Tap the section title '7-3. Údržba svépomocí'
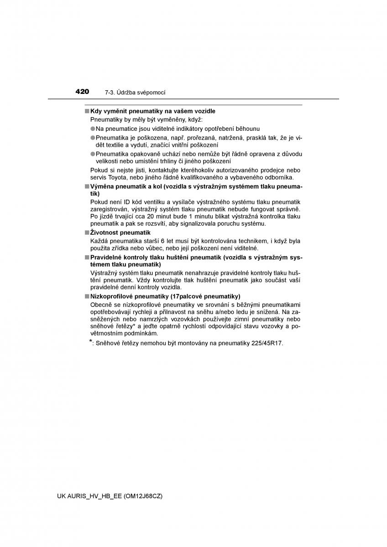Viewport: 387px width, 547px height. (135, 92)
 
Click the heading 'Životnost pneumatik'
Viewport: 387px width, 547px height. (114, 232)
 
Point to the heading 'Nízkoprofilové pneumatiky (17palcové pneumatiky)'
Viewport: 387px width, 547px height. (165, 296)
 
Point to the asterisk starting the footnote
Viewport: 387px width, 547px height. (91, 341)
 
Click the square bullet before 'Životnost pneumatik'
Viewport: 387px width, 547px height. (86, 232)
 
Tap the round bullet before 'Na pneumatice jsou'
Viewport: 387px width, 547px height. (92, 129)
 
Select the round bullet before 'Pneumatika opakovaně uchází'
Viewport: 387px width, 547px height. (92, 154)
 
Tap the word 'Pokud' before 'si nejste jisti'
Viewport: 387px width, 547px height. (99, 170)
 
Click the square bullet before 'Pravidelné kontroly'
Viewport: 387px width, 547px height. (86, 257)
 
